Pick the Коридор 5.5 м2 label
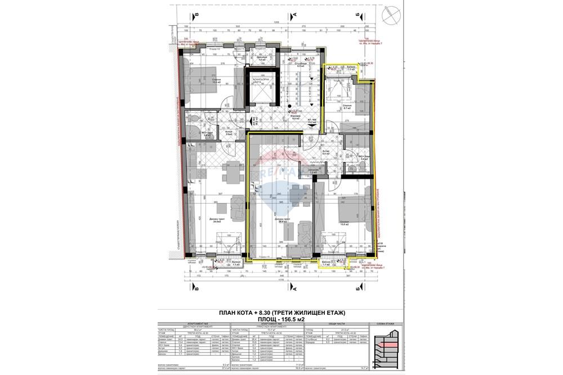[294, 118]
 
